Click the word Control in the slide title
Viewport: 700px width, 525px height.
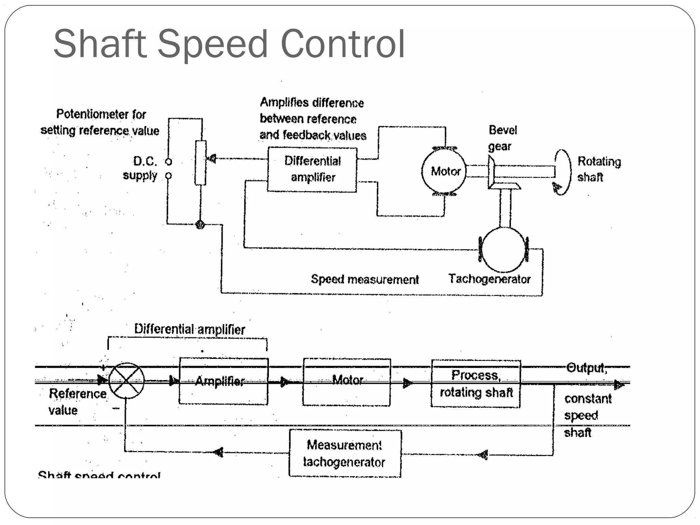[x=342, y=44]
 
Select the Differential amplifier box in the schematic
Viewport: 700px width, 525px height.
[x=312, y=170]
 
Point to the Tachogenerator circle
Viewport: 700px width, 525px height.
[x=504, y=250]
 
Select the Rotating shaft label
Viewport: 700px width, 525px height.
[x=599, y=169]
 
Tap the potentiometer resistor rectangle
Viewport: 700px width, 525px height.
[x=201, y=163]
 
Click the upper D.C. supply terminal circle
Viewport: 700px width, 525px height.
[x=169, y=161]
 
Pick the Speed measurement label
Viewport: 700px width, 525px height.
[x=364, y=280]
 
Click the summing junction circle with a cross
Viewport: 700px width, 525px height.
[x=126, y=380]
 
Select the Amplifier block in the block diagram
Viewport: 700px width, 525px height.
[x=224, y=381]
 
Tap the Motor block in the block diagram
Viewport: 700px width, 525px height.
[x=346, y=381]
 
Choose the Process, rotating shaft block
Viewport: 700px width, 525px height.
[x=476, y=383]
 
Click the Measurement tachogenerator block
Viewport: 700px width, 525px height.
[x=345, y=453]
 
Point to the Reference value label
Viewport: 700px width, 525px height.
[x=77, y=402]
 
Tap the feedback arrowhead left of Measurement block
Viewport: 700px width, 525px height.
[x=219, y=452]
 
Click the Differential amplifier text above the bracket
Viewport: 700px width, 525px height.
[x=189, y=329]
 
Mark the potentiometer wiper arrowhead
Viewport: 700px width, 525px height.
[x=212, y=159]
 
